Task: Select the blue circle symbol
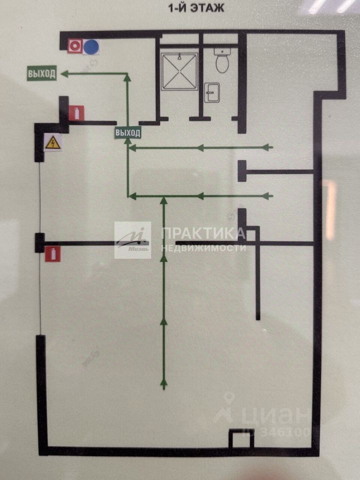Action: (x=91, y=47)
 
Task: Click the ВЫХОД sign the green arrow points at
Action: (x=41, y=74)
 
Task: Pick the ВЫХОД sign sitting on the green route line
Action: (x=128, y=132)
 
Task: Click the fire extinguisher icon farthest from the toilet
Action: (x=53, y=253)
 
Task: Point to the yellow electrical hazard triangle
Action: (x=52, y=143)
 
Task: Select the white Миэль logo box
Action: (x=132, y=240)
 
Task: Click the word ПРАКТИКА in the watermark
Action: (x=202, y=233)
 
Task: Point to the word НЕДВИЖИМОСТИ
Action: (x=203, y=247)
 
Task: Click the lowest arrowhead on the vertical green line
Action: (x=163, y=383)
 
